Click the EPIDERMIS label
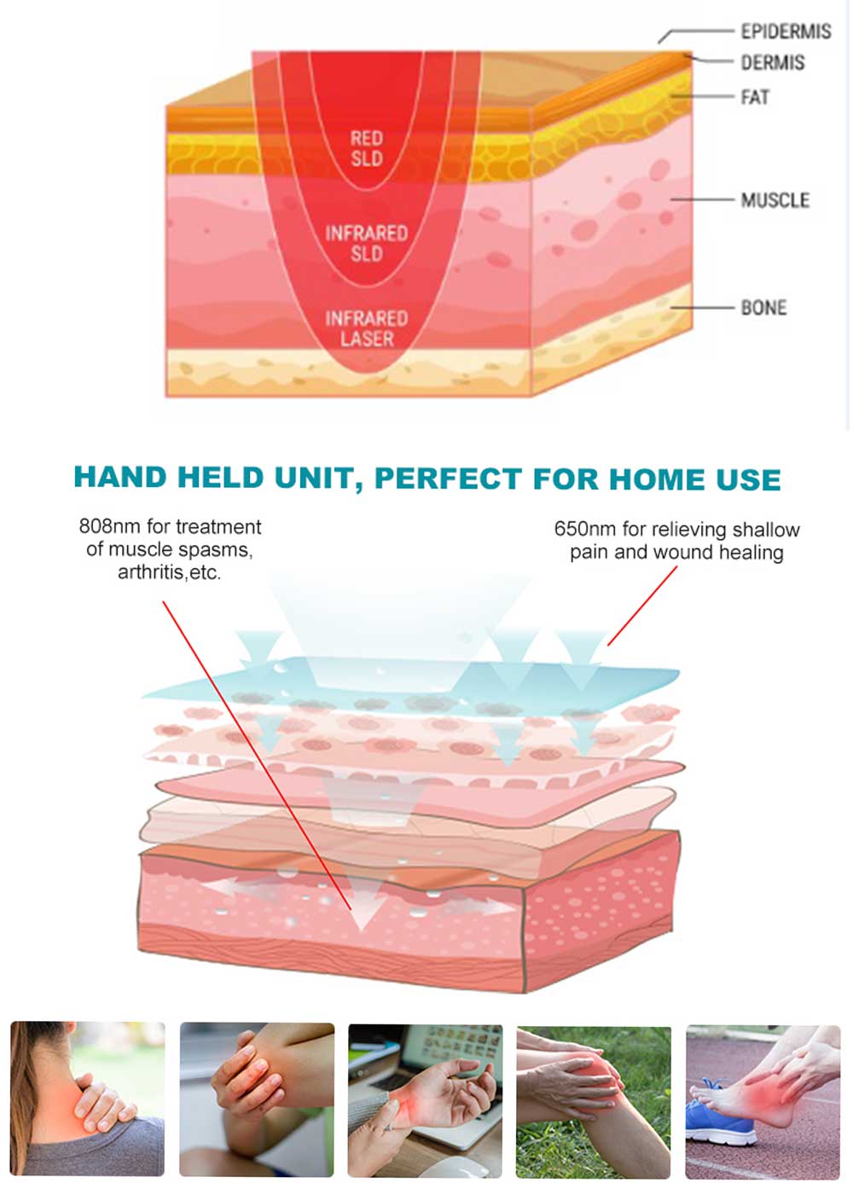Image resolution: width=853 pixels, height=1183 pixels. [x=786, y=32]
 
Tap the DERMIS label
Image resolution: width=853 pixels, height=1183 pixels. [x=772, y=63]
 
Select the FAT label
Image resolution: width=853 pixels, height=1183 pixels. [x=755, y=97]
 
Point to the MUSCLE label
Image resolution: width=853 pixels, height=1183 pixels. [x=775, y=200]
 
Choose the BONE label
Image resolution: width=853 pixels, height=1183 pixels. [x=763, y=307]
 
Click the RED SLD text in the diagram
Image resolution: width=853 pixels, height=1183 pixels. [x=367, y=148]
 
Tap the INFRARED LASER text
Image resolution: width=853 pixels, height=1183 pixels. [x=367, y=328]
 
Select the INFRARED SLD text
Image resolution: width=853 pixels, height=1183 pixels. [x=367, y=243]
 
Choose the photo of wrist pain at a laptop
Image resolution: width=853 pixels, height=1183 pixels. [x=425, y=1102]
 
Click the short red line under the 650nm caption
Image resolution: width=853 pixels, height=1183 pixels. [x=641, y=606]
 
